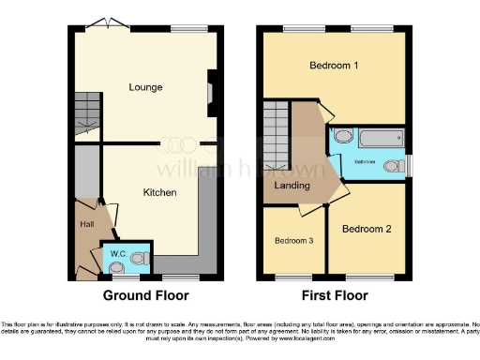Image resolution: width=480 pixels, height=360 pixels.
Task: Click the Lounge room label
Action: pos(145,87)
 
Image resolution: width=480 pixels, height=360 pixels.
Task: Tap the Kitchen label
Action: pos(157,192)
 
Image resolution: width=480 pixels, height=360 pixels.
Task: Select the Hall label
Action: pos(85,223)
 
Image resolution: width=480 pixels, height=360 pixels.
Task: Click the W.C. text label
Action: pos(119,254)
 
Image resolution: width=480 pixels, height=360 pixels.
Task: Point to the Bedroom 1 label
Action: pos(335,66)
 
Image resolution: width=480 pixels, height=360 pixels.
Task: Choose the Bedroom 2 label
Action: pos(365,229)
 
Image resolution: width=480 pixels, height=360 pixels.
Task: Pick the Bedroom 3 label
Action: pos(293,240)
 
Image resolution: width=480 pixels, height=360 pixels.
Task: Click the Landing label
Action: pos(292,186)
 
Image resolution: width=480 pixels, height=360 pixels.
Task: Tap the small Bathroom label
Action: pos(365,161)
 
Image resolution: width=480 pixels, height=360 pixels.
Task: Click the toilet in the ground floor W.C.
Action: pos(140,256)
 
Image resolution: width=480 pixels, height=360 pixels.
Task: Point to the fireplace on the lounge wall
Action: pos(211,93)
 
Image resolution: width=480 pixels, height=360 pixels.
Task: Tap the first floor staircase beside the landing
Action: pos(276,131)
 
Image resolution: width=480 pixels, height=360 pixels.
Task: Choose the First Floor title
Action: pos(334,295)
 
